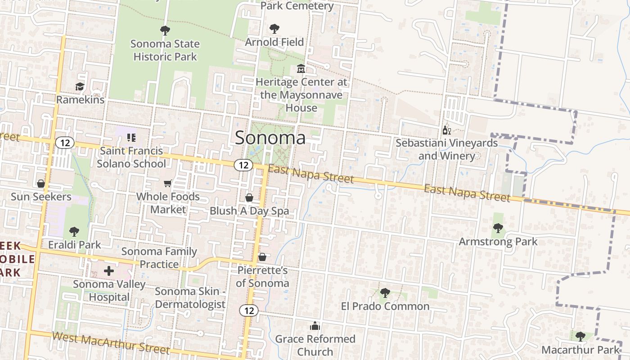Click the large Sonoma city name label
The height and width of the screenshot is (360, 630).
270,137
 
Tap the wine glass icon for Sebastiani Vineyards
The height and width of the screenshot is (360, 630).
446,130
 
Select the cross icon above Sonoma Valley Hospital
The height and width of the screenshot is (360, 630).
108,271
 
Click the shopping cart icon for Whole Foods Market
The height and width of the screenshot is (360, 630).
168,183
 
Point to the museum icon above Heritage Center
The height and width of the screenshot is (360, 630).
301,69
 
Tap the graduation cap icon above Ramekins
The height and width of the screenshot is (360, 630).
80,86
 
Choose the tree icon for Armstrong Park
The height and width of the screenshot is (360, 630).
498,228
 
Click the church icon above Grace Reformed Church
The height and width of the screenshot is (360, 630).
315,326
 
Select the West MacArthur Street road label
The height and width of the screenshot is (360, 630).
111,343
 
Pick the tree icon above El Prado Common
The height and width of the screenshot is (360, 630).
385,293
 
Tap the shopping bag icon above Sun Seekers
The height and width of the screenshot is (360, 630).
41,184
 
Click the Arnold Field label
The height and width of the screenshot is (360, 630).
274,42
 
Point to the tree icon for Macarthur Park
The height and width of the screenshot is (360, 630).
580,336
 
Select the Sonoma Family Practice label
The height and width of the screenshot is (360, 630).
159,258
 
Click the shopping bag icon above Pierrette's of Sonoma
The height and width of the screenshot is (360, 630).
262,257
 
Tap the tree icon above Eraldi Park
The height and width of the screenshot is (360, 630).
74,232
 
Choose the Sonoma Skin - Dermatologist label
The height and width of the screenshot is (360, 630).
190,297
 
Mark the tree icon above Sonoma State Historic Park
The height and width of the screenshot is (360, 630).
165,31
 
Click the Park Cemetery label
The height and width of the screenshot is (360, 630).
297,6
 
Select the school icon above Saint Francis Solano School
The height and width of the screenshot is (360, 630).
131,137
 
